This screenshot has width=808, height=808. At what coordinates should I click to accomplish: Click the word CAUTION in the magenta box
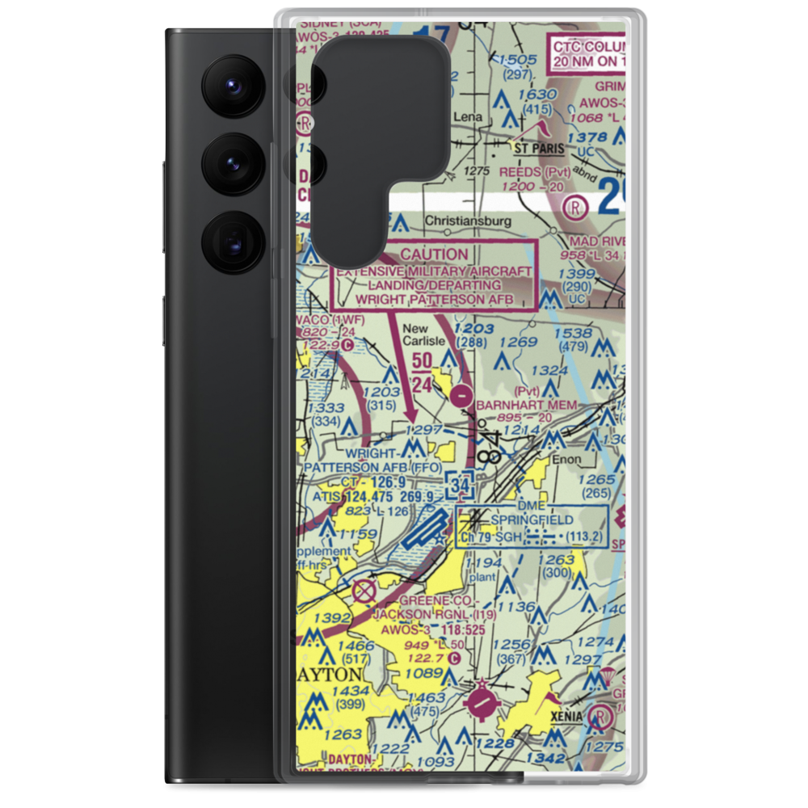(x=434, y=254)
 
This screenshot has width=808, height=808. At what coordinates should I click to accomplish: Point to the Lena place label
(x=466, y=117)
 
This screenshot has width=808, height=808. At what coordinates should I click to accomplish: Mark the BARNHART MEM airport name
(x=527, y=405)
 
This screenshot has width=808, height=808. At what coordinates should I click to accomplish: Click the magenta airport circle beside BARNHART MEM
(x=461, y=396)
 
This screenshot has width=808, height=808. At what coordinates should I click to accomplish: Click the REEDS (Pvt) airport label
(x=535, y=172)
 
